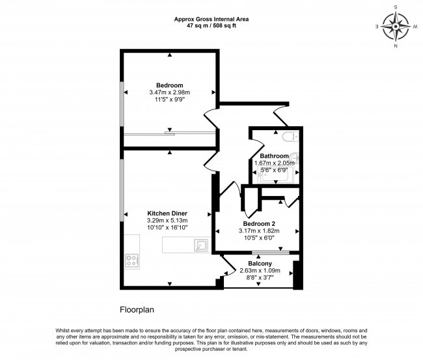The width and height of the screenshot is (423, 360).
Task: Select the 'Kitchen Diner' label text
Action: (168, 214)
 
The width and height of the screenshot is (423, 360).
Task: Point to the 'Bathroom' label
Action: (274, 156)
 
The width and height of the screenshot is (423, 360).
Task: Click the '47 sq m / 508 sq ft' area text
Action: (211, 25)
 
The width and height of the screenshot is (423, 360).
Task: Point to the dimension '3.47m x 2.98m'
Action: (169, 92)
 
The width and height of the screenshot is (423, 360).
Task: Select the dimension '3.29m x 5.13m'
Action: (168, 221)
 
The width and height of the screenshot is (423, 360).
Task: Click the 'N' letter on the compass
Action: (395, 46)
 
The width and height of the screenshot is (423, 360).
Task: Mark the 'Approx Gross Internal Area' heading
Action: (211, 19)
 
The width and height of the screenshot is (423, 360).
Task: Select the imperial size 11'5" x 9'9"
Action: (169, 100)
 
